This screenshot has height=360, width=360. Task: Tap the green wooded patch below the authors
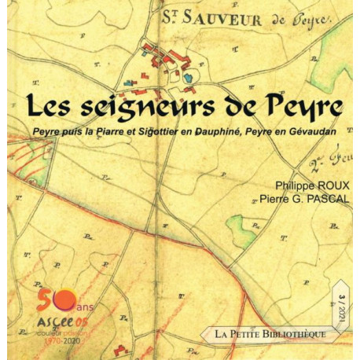243,229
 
